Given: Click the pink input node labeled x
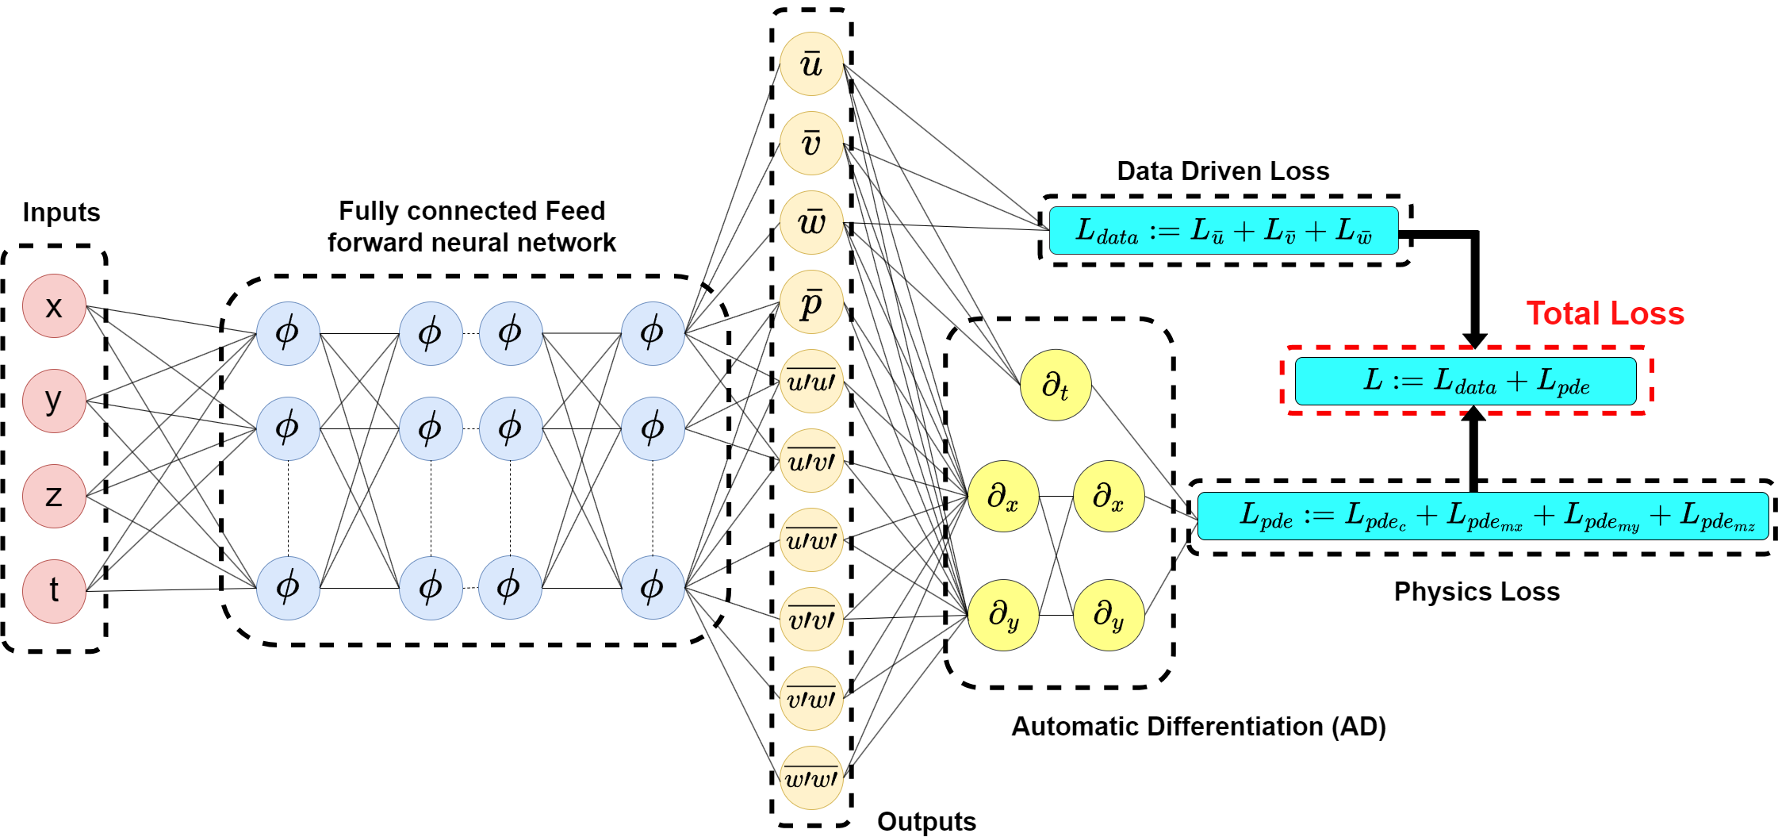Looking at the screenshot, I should pos(54,306).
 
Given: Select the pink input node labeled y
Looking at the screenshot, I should pos(54,401).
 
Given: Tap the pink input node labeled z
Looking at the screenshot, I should pos(54,496).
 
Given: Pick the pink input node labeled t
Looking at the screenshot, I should pos(54,591).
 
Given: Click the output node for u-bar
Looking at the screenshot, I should pos(811,64).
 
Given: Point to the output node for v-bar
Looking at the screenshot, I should pos(811,144).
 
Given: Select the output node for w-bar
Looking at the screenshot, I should pos(811,223).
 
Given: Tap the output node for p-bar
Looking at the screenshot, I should pos(811,302).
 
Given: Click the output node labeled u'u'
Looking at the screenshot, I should pos(811,382).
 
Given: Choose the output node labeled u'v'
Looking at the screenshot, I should pos(811,461).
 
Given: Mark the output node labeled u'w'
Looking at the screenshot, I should pos(811,540).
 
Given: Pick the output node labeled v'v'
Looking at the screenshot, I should pos(811,620).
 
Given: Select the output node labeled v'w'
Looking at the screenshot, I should pos(811,699).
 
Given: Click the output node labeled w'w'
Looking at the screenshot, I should pos(811,778).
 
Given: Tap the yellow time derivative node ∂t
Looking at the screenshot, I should pos(1056,386).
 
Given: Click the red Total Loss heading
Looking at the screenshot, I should pos(1604,313).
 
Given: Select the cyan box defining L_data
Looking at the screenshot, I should pos(1224,231).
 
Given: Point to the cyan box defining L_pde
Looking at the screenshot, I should pos(1482,516).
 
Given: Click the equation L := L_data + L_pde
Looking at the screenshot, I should pos(1466,381).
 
